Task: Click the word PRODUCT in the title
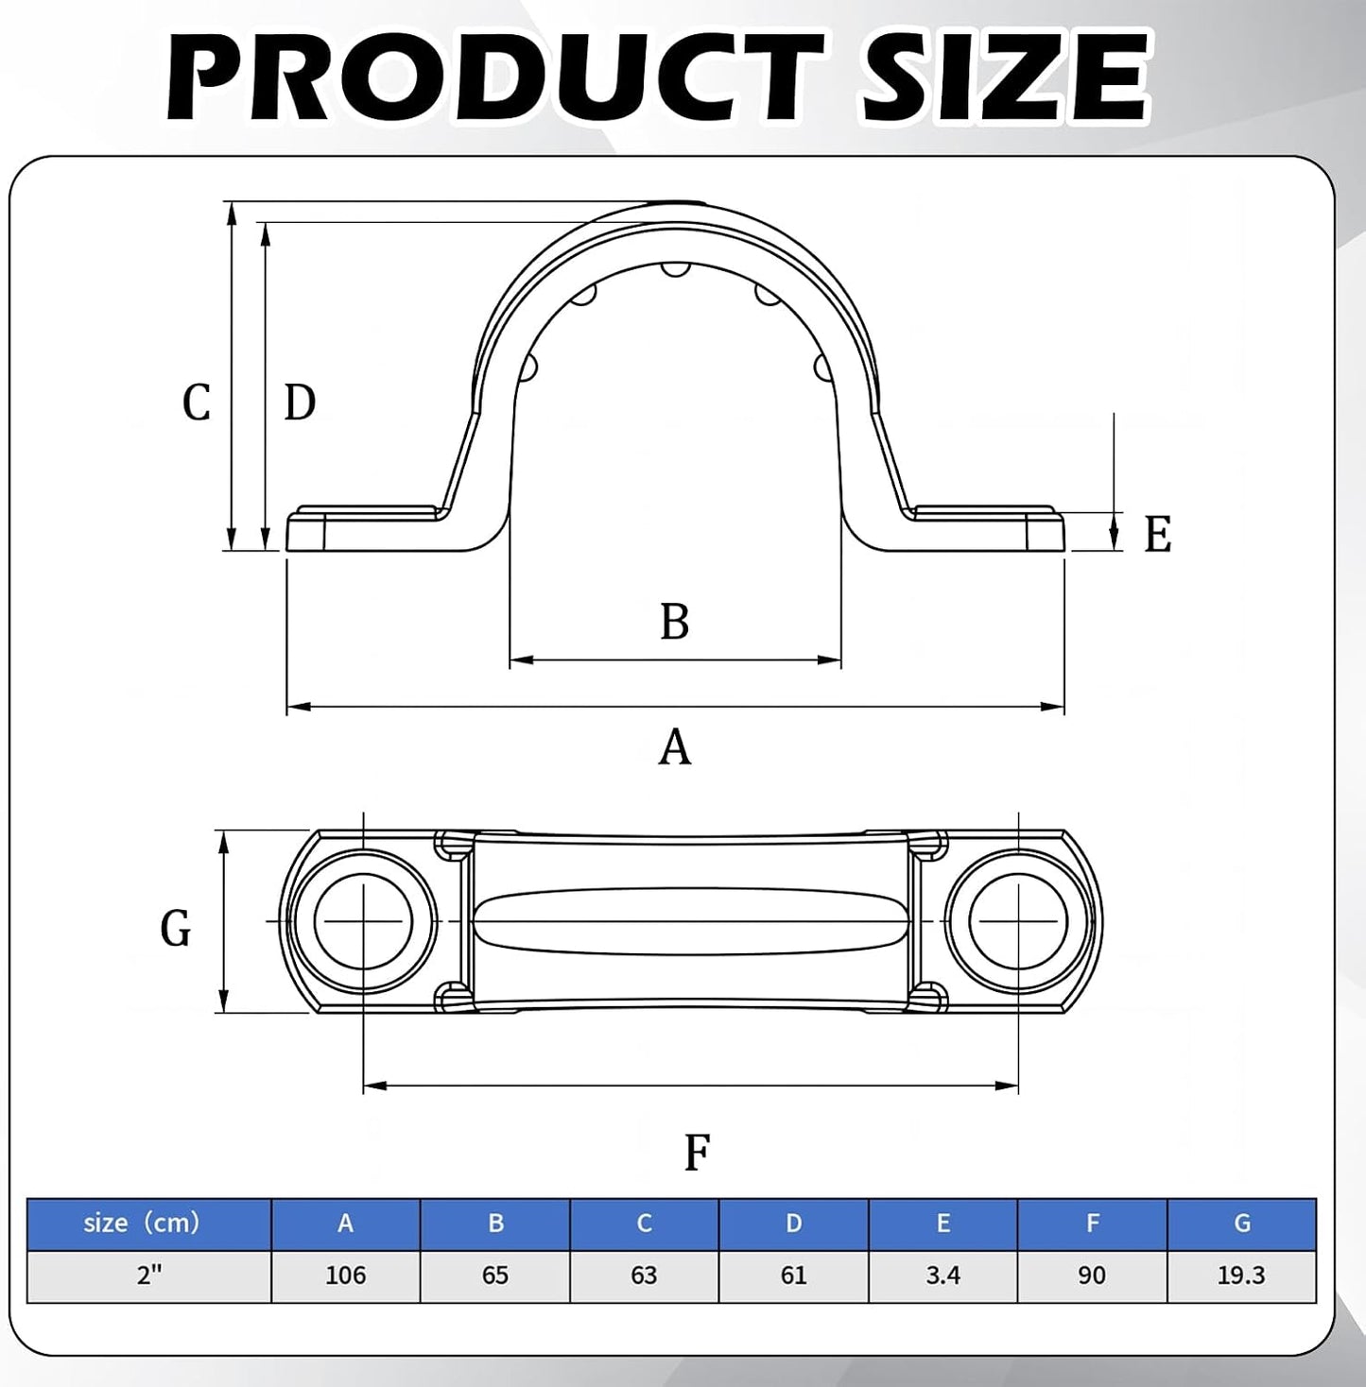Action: click(495, 75)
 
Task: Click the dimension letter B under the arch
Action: click(674, 621)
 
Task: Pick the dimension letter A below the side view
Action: click(674, 746)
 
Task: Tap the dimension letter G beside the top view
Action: click(176, 928)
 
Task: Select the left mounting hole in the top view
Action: click(363, 921)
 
